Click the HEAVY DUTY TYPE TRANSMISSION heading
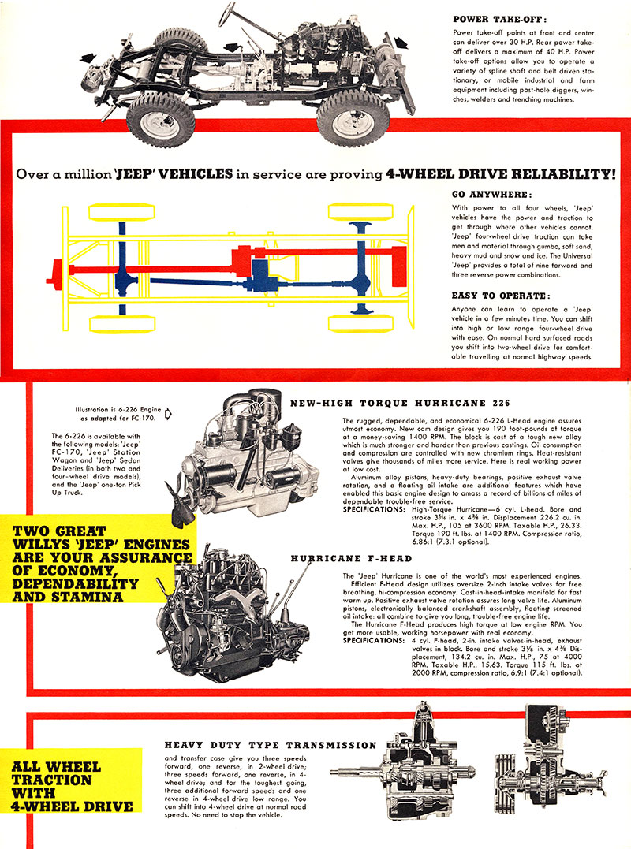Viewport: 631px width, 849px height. point(271,744)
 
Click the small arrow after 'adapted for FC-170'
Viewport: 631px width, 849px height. point(167,412)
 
